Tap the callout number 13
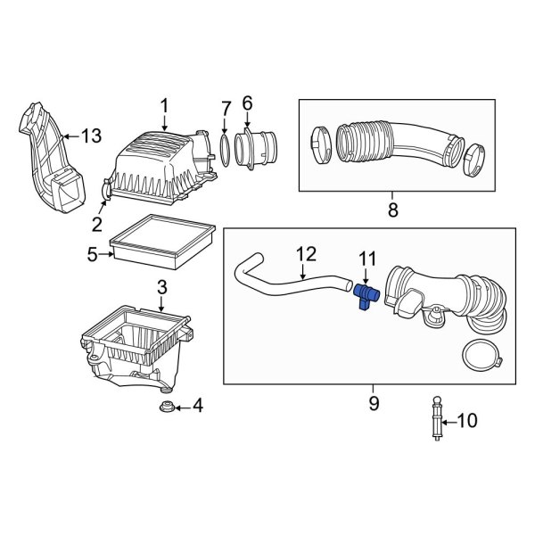coord(92,136)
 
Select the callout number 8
coord(392,211)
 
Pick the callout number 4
coord(197,408)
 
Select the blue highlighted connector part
coord(366,295)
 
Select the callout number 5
coord(93,255)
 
